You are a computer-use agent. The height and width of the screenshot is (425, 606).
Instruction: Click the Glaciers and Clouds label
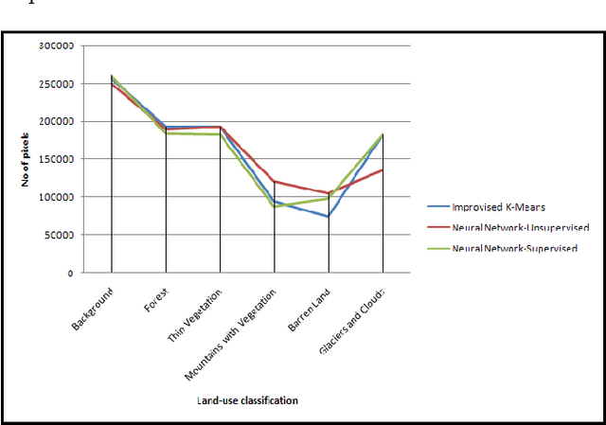[x=355, y=321]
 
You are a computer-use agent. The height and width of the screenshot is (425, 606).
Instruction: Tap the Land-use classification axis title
[x=248, y=400]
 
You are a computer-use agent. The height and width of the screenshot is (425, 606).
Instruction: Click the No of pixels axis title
[x=27, y=159]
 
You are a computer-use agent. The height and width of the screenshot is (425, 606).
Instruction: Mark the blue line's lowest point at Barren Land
[x=329, y=217]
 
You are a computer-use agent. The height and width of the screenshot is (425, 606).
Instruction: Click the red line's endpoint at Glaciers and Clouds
[x=383, y=170]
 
